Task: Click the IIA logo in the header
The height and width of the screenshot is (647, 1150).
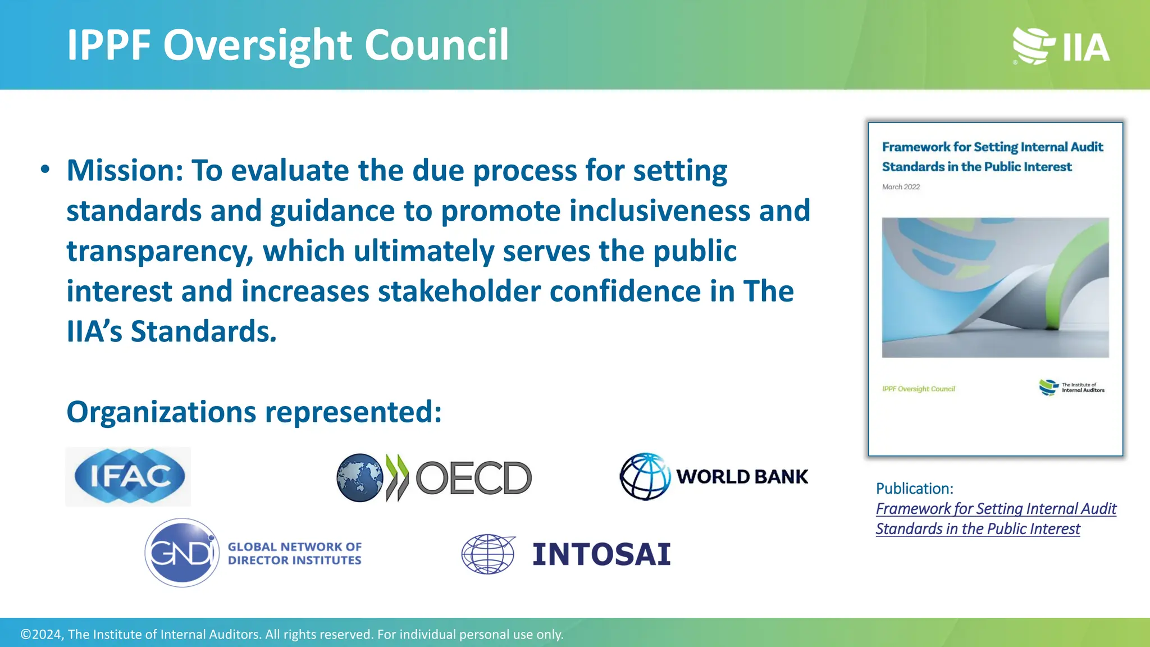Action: pos(1061,46)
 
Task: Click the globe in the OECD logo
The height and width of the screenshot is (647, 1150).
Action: pos(359,477)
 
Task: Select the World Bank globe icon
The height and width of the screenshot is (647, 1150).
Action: pos(645,477)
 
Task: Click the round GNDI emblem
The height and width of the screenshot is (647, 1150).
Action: pos(182,553)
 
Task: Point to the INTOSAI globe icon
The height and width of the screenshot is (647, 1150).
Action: pos(488,554)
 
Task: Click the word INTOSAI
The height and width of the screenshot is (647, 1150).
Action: pos(601,554)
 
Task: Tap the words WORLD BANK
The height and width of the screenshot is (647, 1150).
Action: pos(742,477)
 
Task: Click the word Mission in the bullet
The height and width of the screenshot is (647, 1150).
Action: pos(125,171)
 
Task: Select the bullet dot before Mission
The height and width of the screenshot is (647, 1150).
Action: pos(45,170)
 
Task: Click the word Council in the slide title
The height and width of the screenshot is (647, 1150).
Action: pos(436,45)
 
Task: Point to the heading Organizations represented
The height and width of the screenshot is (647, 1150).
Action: pos(254,412)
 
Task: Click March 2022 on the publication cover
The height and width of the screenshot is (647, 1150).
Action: pos(901,187)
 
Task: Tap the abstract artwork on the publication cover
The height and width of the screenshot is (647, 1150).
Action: pos(995,288)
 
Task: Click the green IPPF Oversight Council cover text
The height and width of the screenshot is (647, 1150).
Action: pos(918,389)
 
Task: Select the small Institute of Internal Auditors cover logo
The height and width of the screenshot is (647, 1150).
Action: pos(1071,388)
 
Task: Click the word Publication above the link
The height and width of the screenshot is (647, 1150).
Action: pos(914,489)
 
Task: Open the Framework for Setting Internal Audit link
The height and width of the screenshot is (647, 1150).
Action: pos(996,509)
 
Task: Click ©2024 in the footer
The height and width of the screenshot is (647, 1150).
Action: pos(41,635)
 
